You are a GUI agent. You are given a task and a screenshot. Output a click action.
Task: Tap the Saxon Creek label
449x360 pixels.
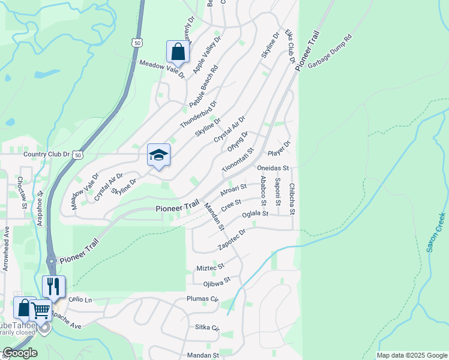click(x=436, y=232)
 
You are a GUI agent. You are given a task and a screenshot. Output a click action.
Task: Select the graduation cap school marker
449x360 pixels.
click(x=158, y=155)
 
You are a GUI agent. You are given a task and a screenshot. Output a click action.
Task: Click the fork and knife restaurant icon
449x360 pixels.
click(x=53, y=287)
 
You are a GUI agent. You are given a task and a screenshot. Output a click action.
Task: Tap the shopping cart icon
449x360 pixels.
click(x=41, y=311)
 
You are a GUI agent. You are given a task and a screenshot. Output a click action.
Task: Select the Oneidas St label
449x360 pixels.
click(x=273, y=169)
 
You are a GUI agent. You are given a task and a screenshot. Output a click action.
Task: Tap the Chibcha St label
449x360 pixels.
click(x=292, y=199)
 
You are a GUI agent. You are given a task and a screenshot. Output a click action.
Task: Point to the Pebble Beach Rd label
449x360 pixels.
click(x=203, y=87)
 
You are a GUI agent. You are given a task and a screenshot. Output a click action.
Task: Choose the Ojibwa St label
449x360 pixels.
click(x=217, y=281)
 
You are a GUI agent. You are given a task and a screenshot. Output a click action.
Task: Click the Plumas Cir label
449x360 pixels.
click(x=202, y=298)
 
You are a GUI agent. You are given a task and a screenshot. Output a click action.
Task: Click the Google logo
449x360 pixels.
click(x=20, y=353)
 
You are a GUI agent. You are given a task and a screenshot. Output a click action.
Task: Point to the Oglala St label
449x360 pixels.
click(x=255, y=214)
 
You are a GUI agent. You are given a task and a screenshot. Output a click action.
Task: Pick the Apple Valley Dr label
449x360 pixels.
click(x=207, y=59)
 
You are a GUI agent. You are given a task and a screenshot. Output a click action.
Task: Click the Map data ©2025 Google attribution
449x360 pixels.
click(x=411, y=355)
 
